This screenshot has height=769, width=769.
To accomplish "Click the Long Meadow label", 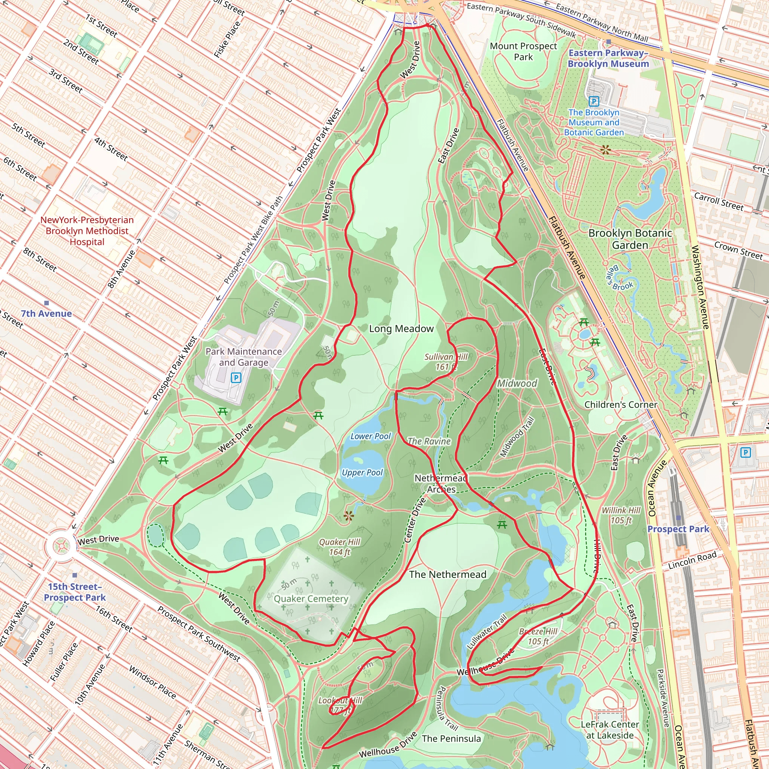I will coord(401,329).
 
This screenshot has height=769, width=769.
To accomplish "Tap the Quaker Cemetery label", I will coord(311,599).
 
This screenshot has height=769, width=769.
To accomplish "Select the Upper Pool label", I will coord(362,472).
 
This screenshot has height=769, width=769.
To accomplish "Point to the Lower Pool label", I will coord(371,436).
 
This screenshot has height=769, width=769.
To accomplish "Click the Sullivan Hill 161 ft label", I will coord(446,362).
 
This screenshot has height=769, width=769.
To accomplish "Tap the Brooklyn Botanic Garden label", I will coord(630,239).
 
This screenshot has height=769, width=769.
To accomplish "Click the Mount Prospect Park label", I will coord(523,51).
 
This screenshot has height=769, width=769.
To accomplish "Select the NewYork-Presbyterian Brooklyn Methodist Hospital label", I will coord(87,231).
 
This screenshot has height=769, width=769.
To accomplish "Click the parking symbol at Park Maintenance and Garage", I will coord(236,377).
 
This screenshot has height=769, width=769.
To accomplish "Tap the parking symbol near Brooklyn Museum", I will coord(594,101).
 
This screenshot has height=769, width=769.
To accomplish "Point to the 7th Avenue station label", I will coord(46,314).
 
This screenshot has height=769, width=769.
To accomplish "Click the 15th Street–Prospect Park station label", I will coord(74,592).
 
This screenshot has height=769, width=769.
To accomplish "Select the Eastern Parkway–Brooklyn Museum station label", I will coord(608,58).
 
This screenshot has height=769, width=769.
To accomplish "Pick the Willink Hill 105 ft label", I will coord(621,515).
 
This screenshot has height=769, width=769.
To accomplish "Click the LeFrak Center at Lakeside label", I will coord(610,730).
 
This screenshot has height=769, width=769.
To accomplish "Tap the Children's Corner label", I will coord(621,405).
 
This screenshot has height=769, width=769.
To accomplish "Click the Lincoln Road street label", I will coord(692,559).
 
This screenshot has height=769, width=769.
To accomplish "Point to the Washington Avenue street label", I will coord(700,287).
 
